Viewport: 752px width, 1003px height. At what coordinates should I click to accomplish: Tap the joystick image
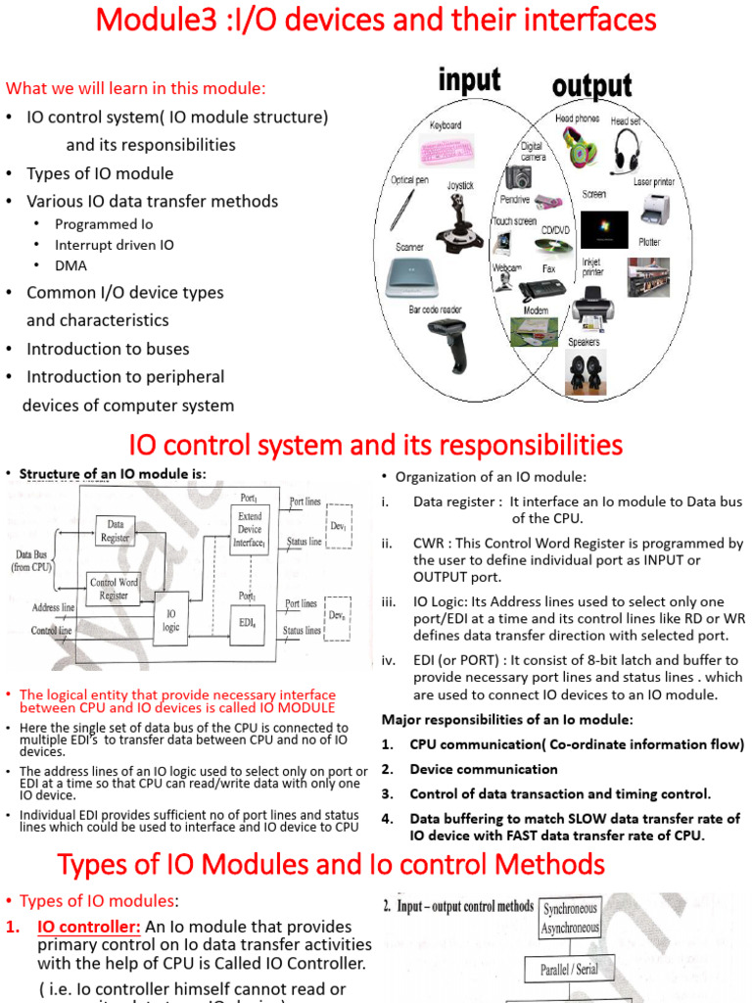tap(459, 224)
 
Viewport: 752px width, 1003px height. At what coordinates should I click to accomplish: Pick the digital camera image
tap(519, 177)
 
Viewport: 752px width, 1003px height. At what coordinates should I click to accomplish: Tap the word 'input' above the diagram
tap(469, 81)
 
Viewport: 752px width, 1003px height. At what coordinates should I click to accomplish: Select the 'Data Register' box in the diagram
tap(116, 530)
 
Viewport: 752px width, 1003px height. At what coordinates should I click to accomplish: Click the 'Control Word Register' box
tap(114, 589)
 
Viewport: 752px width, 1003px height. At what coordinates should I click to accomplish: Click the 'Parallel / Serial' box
tap(569, 970)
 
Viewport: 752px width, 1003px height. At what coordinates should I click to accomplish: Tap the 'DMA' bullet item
tap(70, 265)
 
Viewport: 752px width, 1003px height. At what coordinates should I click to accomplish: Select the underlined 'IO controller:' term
tap(89, 927)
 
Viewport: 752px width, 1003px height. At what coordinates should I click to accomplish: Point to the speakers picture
tap(585, 371)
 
